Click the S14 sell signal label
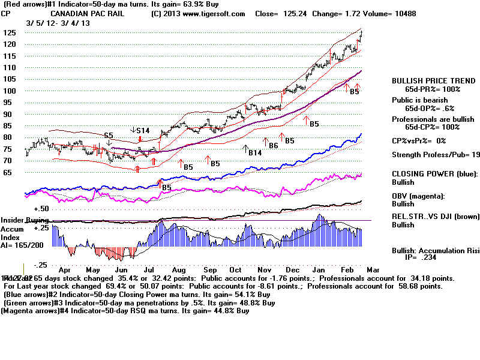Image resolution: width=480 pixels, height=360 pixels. (143, 130)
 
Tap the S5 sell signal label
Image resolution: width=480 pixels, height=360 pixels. (109, 136)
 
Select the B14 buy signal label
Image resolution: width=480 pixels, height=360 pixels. (256, 153)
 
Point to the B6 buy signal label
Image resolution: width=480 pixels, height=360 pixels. (273, 146)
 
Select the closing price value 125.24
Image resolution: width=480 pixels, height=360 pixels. (292, 13)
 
